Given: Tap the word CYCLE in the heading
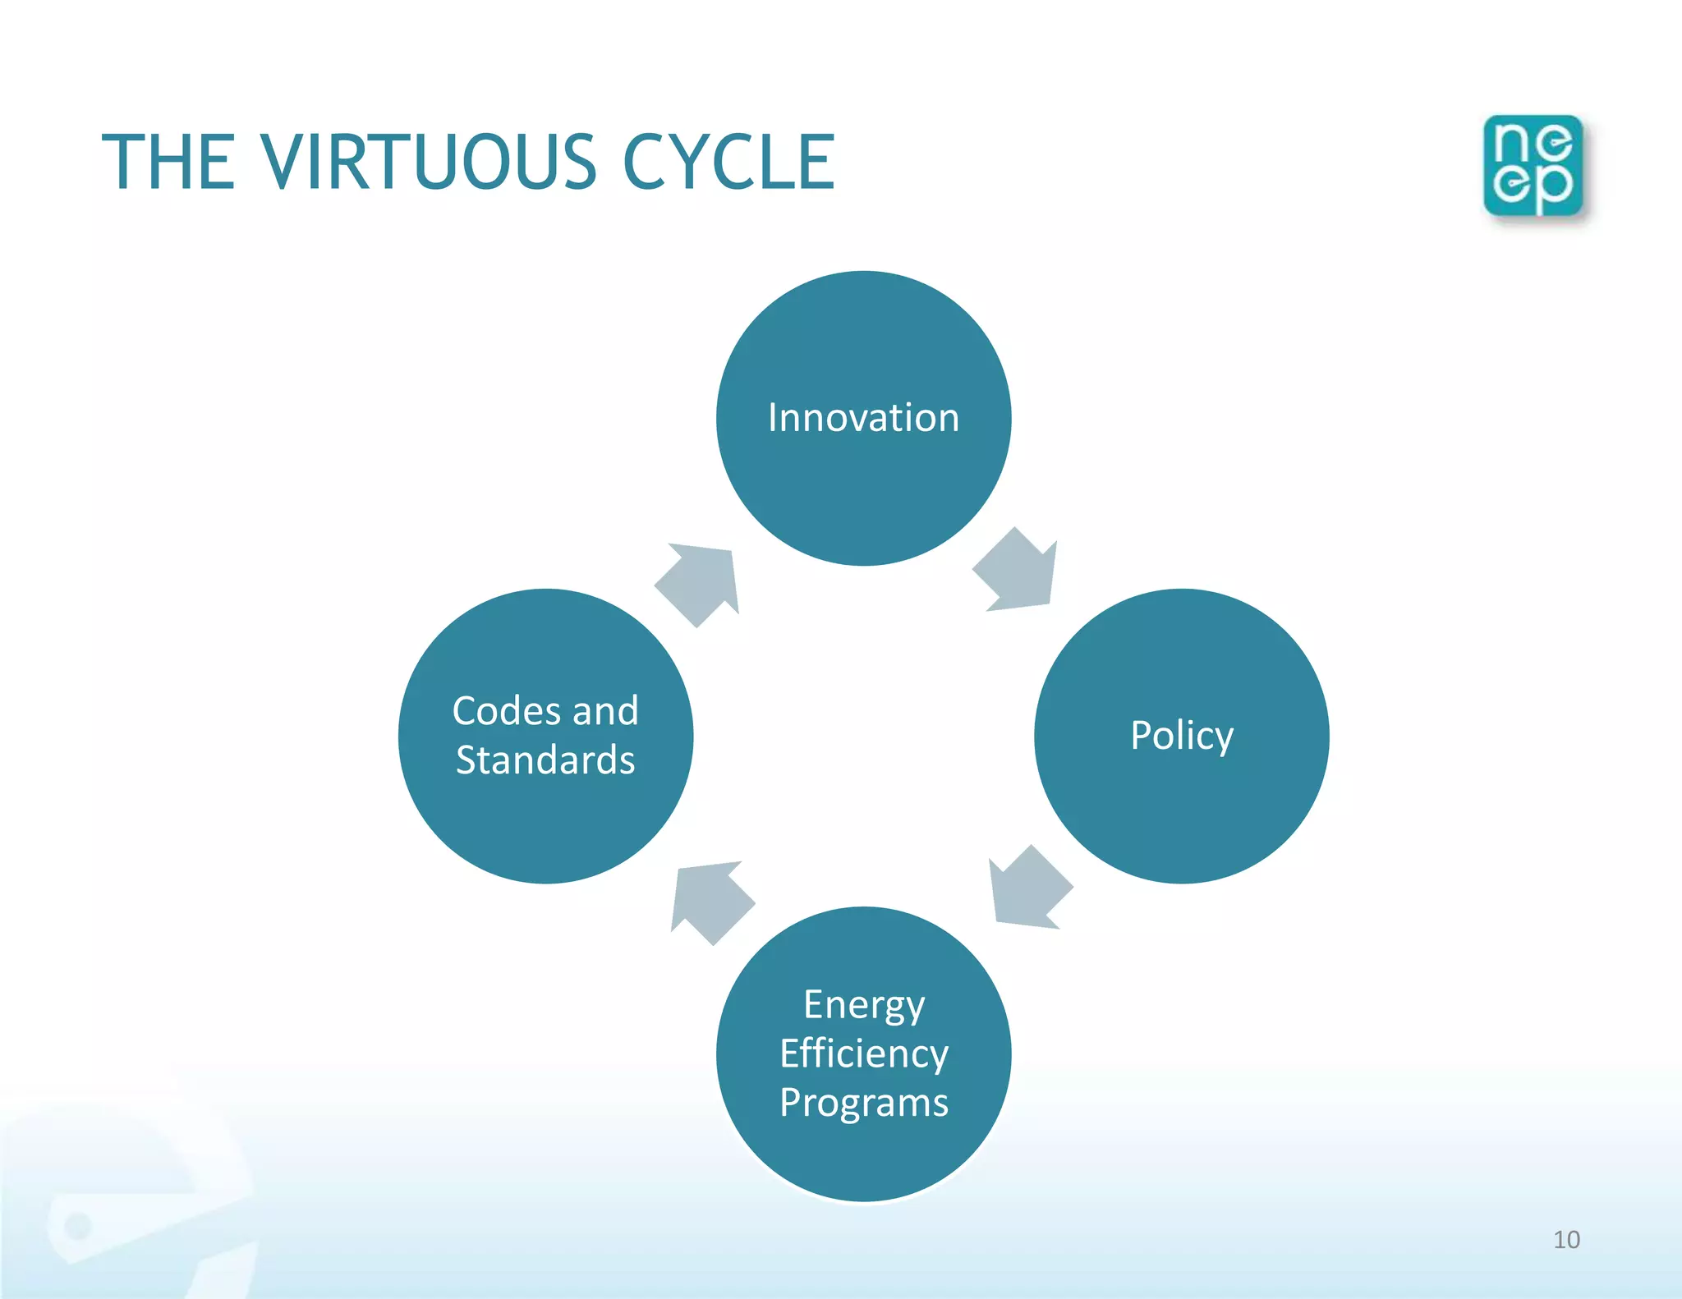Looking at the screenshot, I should point(728,162).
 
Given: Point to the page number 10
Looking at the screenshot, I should point(1566,1239).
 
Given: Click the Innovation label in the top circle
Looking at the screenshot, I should point(863,418).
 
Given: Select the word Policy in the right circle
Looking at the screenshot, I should point(1181,736).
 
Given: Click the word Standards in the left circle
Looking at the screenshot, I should point(545,760).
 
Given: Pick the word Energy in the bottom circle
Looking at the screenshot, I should point(863,1005).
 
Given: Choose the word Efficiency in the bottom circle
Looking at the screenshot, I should point(863,1053).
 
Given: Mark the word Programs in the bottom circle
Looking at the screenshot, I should point(863,1103).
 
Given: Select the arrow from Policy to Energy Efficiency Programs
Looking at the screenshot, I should point(1028,889).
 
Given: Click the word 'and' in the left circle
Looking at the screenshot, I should point(605,711).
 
